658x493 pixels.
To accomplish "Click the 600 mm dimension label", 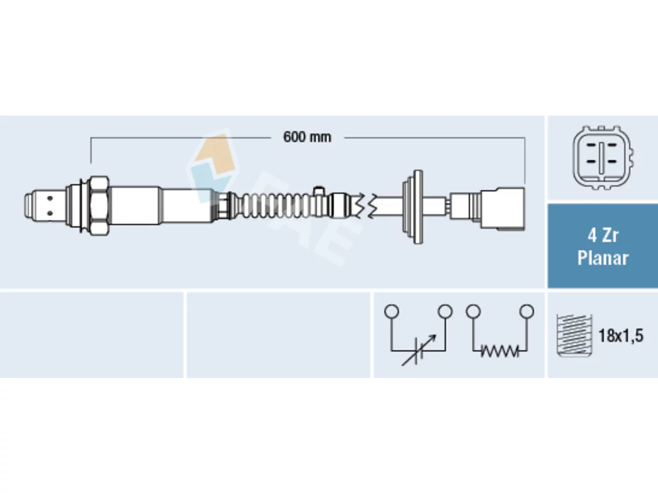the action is [307, 138].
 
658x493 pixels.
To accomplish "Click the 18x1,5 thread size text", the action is [621, 335].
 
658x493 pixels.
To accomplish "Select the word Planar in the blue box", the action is [603, 258].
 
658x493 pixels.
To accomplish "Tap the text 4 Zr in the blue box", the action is [603, 236].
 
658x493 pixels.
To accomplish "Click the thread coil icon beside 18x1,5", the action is [574, 335].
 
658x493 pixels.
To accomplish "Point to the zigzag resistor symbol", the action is [500, 351].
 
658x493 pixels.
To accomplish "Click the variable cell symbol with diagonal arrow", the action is [419, 350].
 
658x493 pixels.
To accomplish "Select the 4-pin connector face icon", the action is [602, 158].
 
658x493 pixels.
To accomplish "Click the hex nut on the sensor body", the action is [99, 205].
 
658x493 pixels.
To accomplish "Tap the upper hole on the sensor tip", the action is [50, 198].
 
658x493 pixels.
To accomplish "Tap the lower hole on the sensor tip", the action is [50, 213].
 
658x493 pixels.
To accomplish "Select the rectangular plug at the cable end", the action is [503, 208].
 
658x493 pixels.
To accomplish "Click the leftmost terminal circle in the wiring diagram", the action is [392, 311].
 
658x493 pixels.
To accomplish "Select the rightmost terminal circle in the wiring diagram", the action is [527, 311].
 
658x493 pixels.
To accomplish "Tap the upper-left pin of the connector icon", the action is [591, 145].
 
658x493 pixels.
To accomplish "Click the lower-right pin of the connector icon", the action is [612, 162].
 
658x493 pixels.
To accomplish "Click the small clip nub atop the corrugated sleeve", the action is [319, 191].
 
